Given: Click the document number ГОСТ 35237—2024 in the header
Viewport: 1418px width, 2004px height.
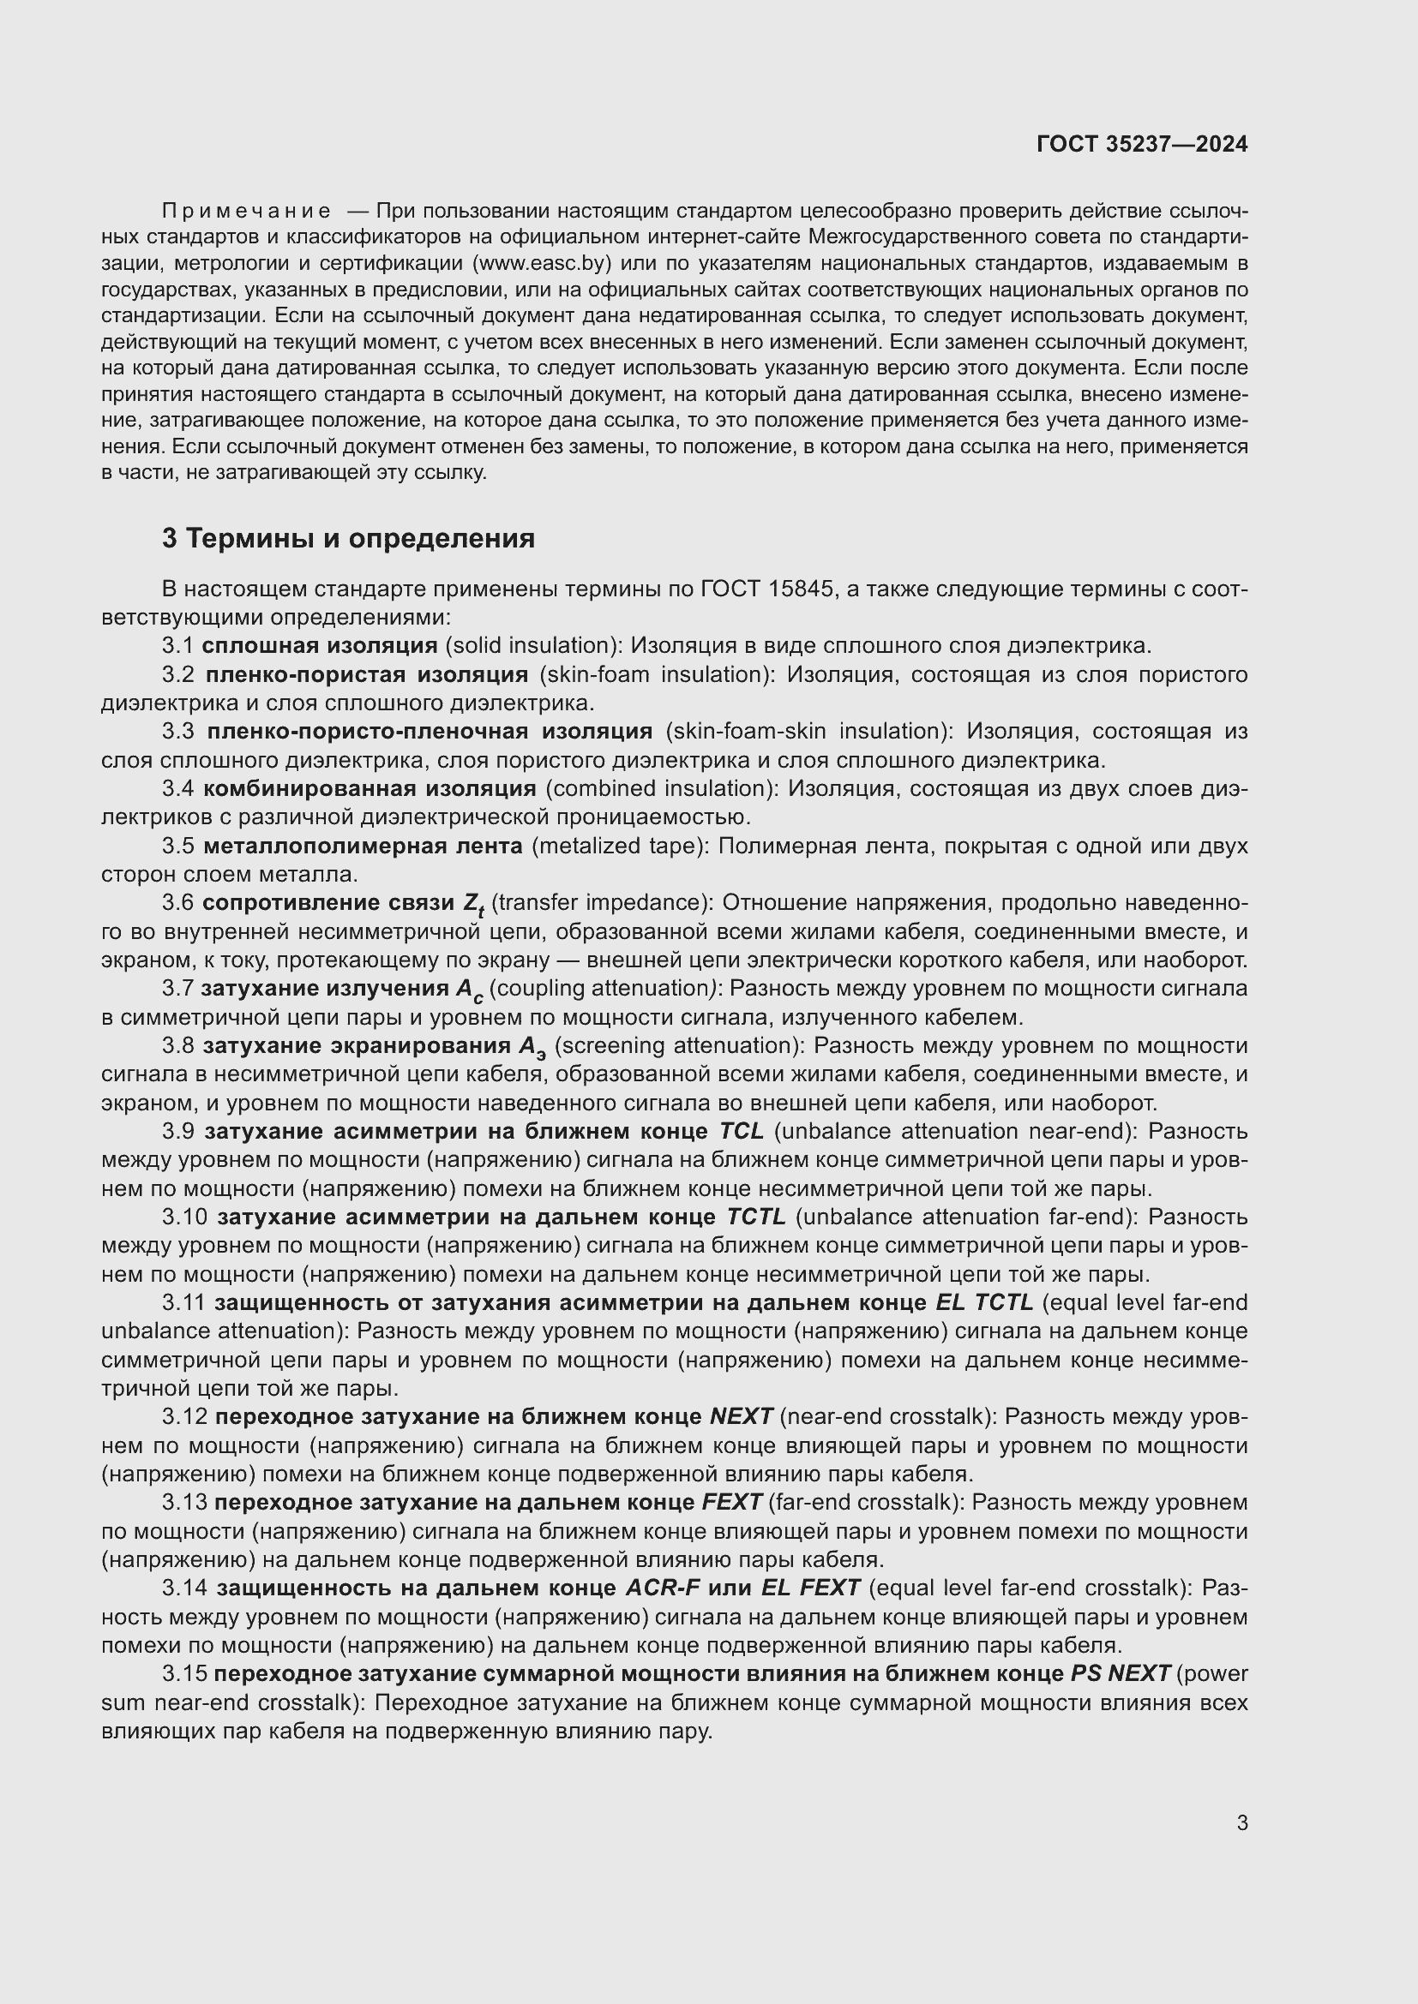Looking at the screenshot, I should tap(1142, 145).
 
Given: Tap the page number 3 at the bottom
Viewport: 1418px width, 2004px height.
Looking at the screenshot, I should tap(1241, 1822).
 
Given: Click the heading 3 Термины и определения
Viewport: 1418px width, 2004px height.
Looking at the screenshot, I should tap(347, 539).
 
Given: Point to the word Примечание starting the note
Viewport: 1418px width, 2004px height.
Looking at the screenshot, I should tap(246, 212).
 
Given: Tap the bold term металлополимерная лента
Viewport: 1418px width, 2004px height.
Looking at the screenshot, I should tap(363, 846).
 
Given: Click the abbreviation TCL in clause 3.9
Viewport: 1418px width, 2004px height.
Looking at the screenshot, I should tap(741, 1131).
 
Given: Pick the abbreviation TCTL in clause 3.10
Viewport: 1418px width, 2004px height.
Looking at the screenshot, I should tap(756, 1217).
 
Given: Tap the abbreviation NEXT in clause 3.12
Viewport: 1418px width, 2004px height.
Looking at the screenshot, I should tap(742, 1415).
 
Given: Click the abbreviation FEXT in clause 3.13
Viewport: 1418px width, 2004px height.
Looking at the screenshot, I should tap(731, 1502).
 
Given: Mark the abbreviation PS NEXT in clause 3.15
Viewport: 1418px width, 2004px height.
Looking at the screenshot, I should tap(1121, 1673).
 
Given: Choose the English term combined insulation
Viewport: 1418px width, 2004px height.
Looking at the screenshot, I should tap(661, 789).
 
